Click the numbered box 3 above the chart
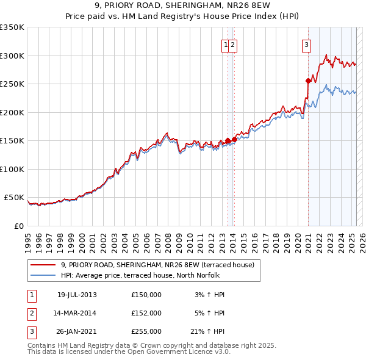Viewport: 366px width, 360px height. click(x=306, y=44)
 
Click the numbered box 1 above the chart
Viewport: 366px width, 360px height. click(x=226, y=44)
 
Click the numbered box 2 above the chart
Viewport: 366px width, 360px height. click(x=233, y=44)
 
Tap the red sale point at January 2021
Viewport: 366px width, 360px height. click(x=308, y=81)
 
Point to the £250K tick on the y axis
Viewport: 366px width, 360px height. click(x=12, y=84)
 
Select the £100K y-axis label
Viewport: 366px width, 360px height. click(x=12, y=169)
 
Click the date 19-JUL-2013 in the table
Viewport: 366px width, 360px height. click(x=77, y=295)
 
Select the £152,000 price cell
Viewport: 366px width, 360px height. click(x=146, y=313)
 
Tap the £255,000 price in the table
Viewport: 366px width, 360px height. click(x=146, y=331)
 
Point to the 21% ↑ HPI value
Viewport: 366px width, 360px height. click(x=207, y=331)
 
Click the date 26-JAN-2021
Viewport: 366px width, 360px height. click(x=77, y=331)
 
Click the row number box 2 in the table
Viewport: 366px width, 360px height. click(x=30, y=313)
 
